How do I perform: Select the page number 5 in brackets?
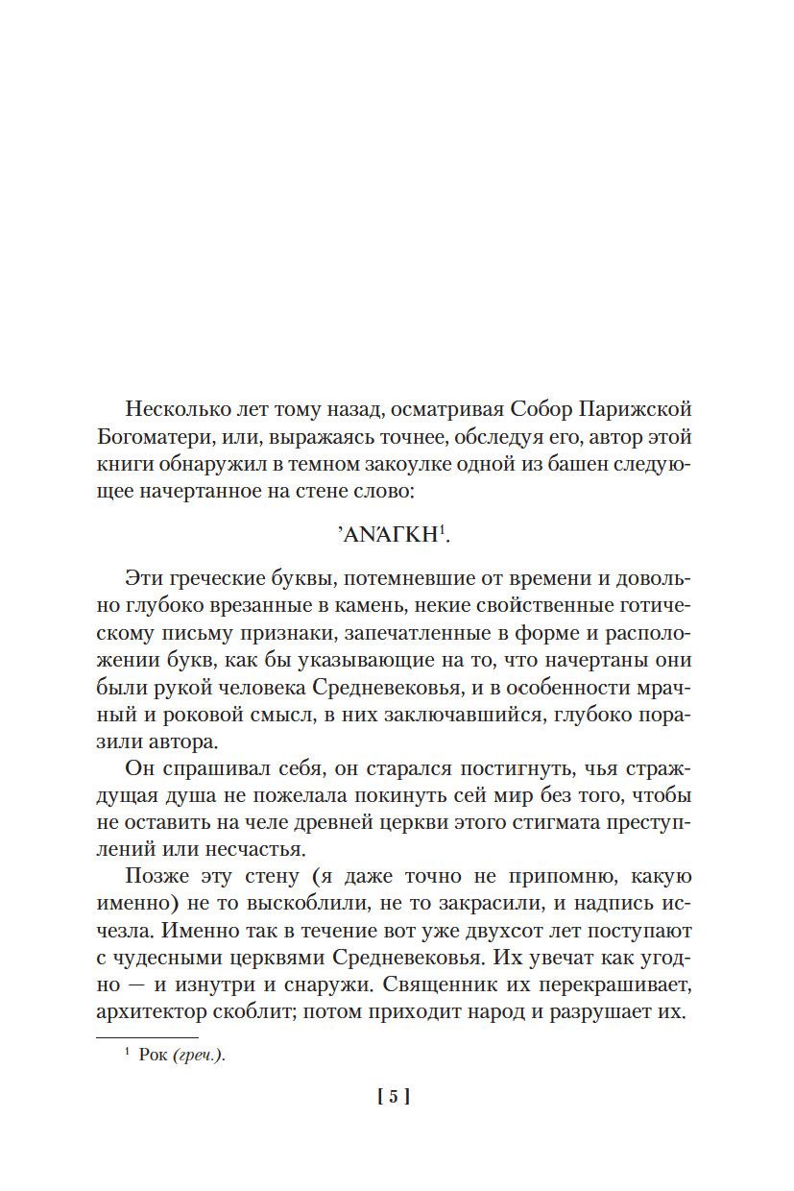(394, 1097)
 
